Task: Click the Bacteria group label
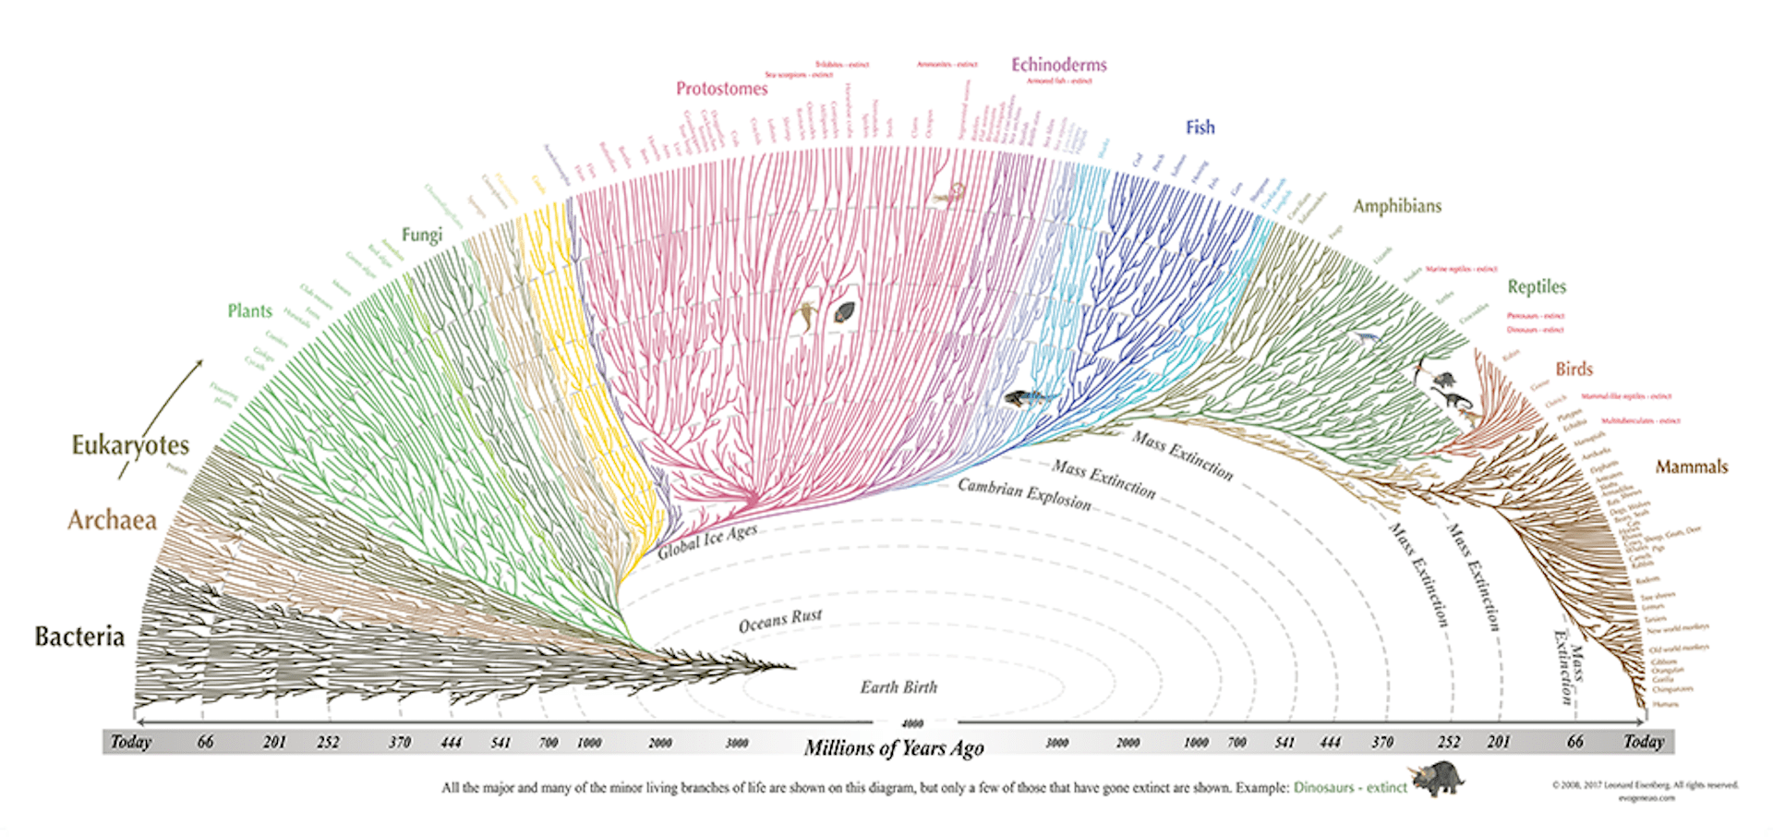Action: point(79,637)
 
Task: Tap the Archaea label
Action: point(112,520)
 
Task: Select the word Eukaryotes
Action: point(130,445)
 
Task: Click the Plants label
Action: point(250,311)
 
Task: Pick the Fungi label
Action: point(422,235)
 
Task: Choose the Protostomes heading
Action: point(721,89)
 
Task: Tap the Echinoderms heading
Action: point(1058,65)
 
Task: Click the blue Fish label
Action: point(1200,127)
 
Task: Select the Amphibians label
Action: point(1397,206)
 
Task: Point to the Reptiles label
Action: point(1537,286)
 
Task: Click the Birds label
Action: point(1574,369)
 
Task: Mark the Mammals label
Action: point(1691,467)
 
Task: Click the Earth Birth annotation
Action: point(899,687)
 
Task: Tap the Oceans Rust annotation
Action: point(780,621)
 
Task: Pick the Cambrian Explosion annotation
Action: point(1024,494)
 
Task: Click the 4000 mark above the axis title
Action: point(911,723)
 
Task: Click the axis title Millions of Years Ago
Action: point(894,747)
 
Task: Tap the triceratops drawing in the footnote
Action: point(1437,779)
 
